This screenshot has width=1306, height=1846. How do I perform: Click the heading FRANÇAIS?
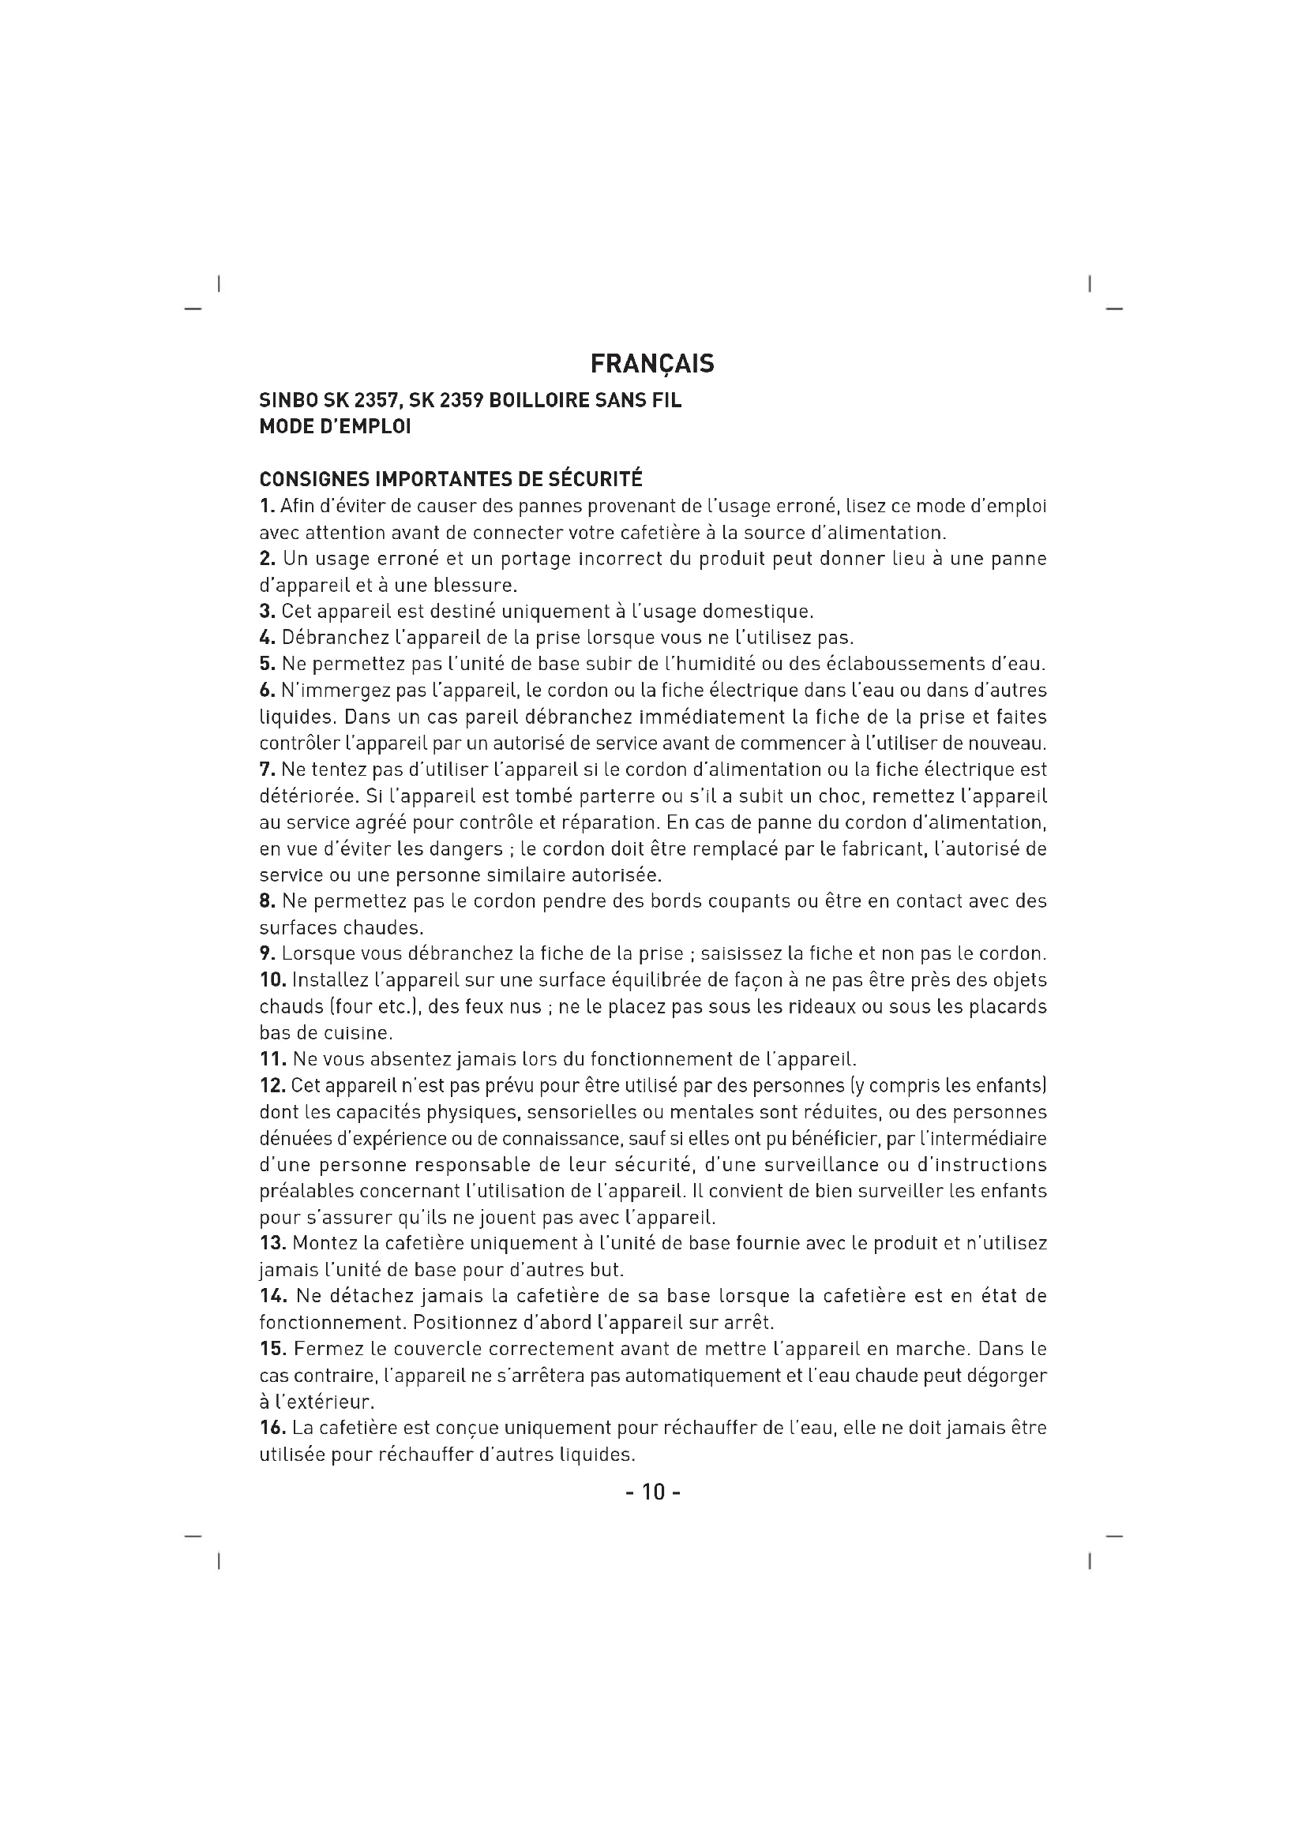coord(651,364)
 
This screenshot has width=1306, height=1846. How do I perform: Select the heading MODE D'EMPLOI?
coord(335,427)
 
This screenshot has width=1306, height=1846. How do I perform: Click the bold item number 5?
coord(267,664)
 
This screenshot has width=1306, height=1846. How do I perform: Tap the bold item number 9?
coord(267,954)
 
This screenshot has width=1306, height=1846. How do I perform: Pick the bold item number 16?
coord(272,1428)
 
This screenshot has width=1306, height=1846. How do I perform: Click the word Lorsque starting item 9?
coord(318,954)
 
